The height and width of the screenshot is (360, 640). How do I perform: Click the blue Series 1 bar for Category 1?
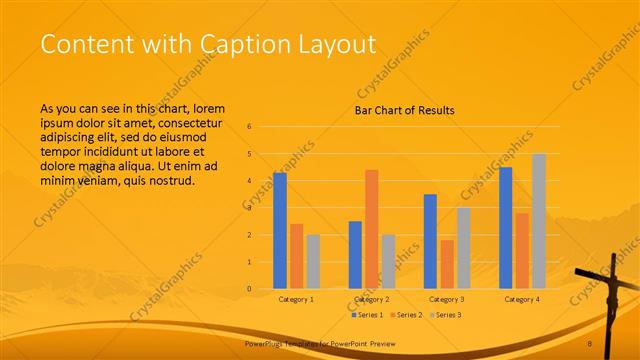click(280, 231)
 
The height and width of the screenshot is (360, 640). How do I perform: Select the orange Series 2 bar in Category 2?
click(372, 229)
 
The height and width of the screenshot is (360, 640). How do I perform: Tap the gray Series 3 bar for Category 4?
click(539, 221)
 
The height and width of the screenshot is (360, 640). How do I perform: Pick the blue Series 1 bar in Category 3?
click(430, 241)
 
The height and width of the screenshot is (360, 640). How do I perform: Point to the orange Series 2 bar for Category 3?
click(447, 264)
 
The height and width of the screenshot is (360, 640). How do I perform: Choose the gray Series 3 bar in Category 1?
click(313, 262)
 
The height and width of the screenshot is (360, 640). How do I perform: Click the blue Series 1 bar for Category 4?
click(506, 228)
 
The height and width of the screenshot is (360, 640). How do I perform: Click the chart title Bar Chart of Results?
click(405, 110)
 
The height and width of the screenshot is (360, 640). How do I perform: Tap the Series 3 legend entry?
click(446, 315)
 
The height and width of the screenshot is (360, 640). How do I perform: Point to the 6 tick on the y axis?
click(250, 127)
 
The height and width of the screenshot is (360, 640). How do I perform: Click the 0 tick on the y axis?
click(250, 289)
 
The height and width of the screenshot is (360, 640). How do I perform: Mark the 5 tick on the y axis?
click(250, 154)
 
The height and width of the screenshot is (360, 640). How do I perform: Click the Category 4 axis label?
click(522, 299)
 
